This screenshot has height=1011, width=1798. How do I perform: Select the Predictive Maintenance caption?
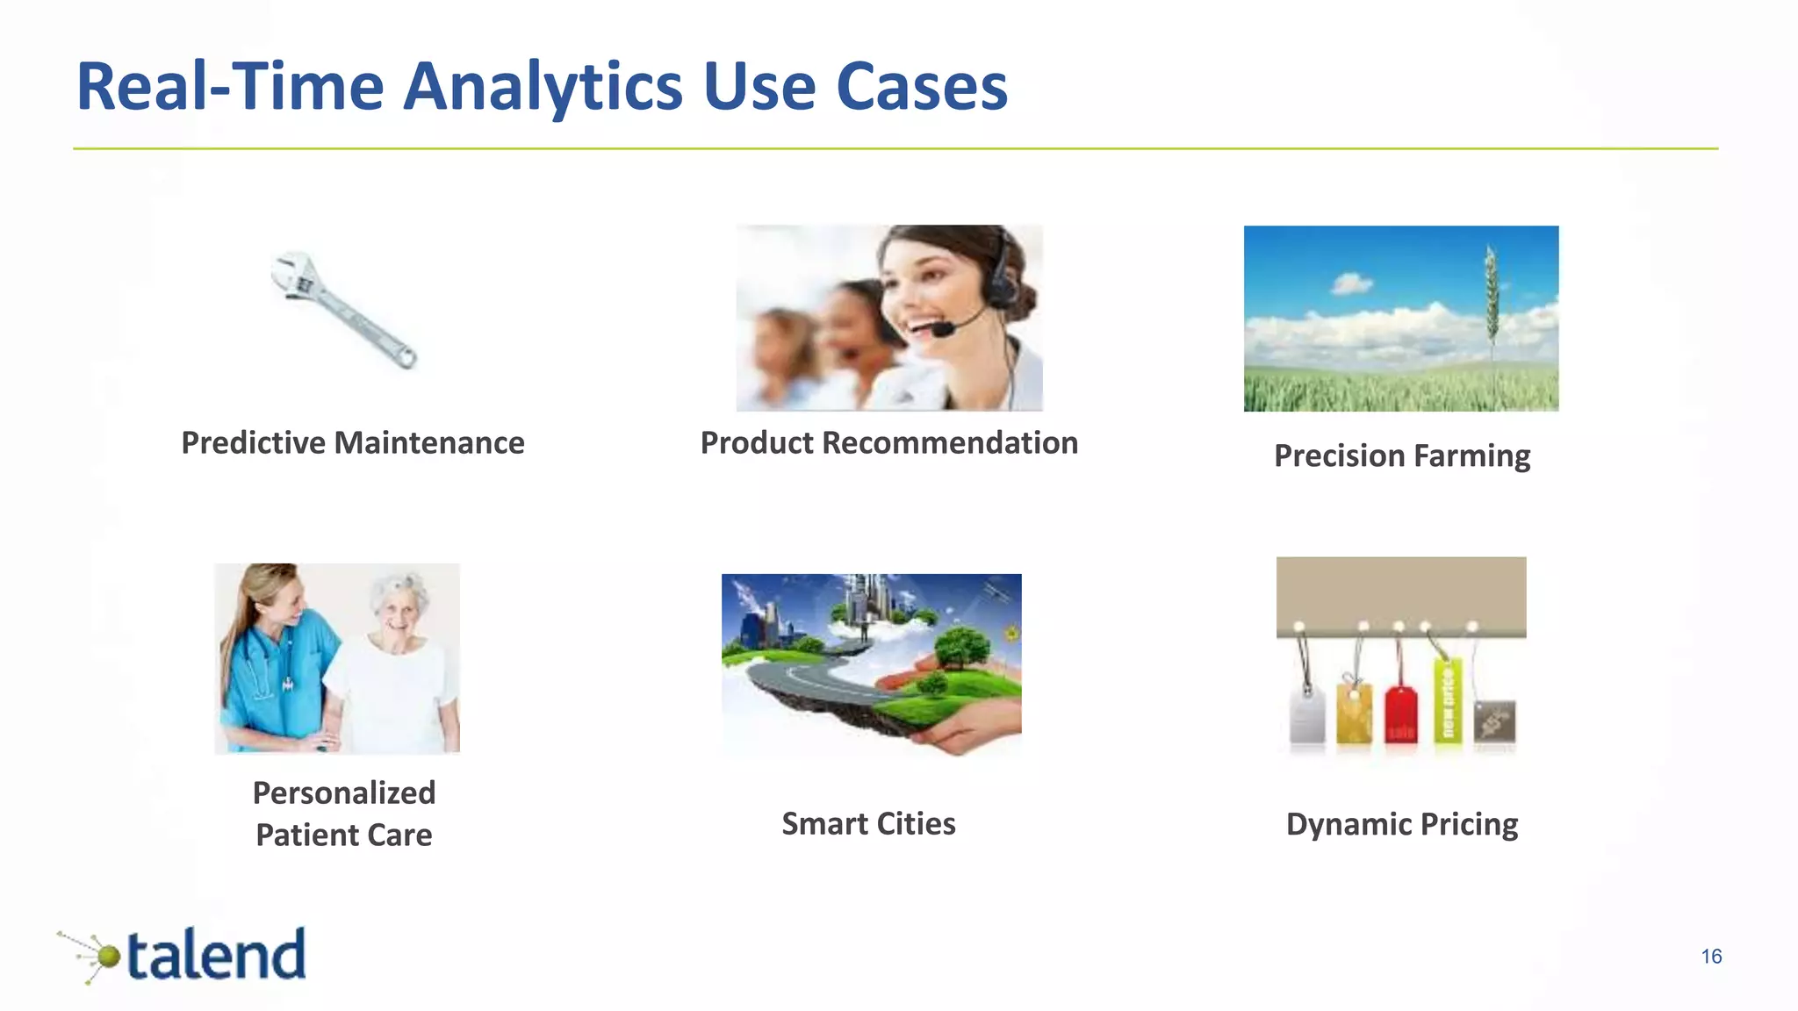(352, 443)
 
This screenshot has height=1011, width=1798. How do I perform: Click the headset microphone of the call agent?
(944, 330)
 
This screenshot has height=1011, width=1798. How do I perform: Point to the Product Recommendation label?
(888, 443)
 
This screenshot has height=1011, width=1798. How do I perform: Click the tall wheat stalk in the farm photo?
(1490, 298)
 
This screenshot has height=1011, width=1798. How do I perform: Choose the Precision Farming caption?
(1401, 456)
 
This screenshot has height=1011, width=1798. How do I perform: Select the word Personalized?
(344, 793)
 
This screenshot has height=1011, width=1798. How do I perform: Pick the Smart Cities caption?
(868, 824)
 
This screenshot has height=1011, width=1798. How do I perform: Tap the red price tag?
(1400, 714)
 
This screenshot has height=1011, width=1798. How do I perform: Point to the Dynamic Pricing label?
(1401, 825)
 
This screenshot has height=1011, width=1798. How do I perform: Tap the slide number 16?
(1711, 957)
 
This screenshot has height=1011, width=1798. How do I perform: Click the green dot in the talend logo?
(107, 956)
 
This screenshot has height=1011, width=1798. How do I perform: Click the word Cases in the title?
(921, 88)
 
